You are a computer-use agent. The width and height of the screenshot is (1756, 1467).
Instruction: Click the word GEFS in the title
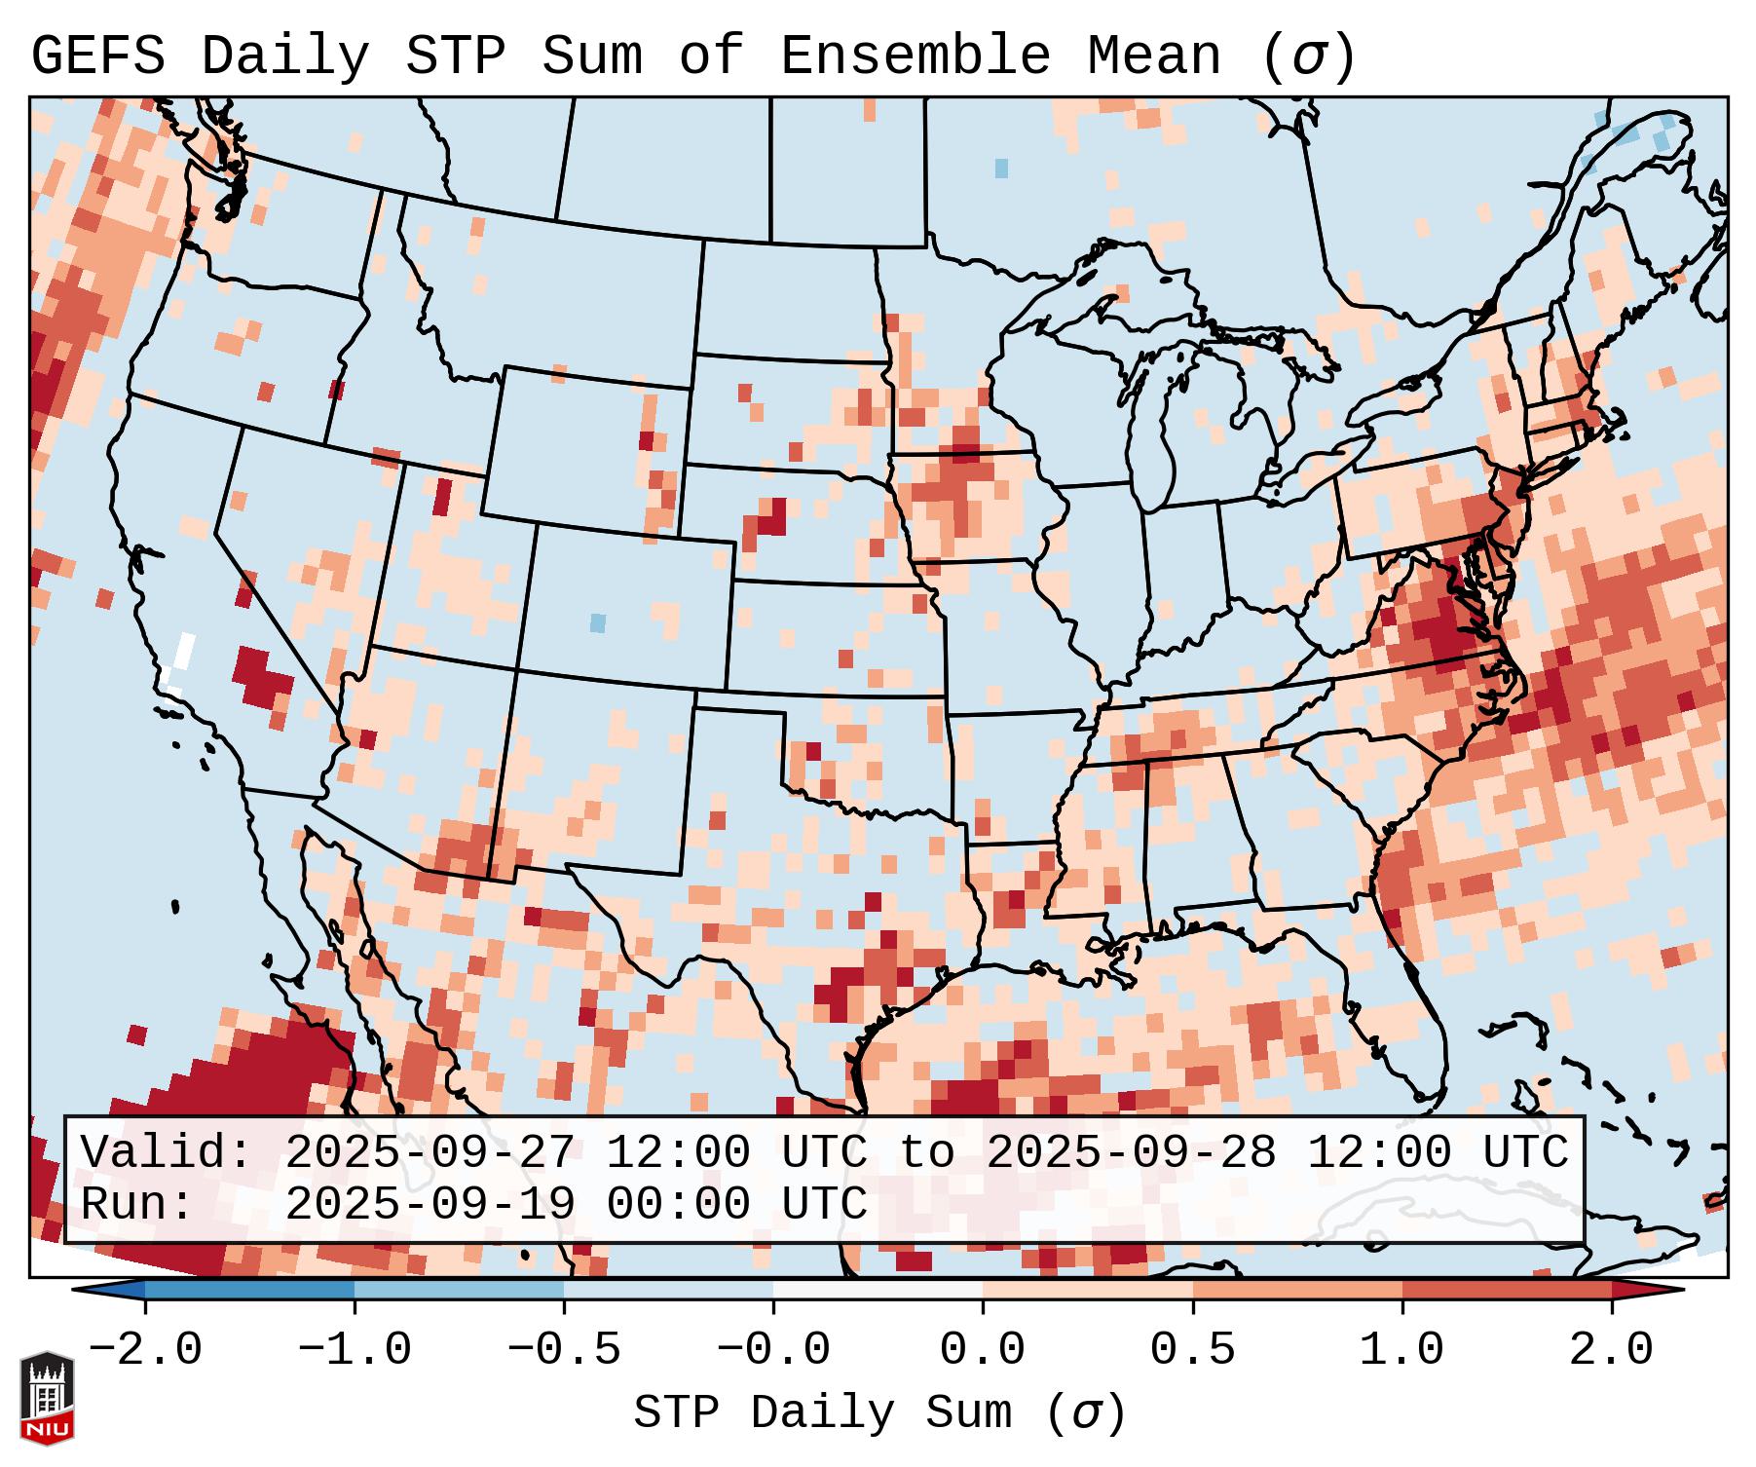coord(98,57)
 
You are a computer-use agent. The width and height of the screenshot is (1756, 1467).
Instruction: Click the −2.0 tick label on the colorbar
coord(145,1350)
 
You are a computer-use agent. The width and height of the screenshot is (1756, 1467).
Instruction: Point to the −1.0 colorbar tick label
coord(355,1350)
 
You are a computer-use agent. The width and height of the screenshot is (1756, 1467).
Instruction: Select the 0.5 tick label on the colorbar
coord(1192,1350)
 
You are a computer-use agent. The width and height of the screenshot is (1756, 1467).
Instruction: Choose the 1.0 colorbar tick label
coord(1401,1350)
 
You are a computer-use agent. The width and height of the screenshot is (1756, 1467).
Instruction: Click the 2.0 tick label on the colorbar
coord(1611,1350)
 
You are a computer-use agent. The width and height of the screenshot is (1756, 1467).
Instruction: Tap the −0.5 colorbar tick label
coord(564,1350)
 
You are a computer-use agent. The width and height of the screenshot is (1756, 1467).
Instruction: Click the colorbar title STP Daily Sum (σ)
coord(879,1413)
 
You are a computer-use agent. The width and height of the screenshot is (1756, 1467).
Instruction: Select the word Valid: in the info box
coord(167,1153)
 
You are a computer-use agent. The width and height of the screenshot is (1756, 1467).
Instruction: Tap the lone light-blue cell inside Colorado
coord(598,622)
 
